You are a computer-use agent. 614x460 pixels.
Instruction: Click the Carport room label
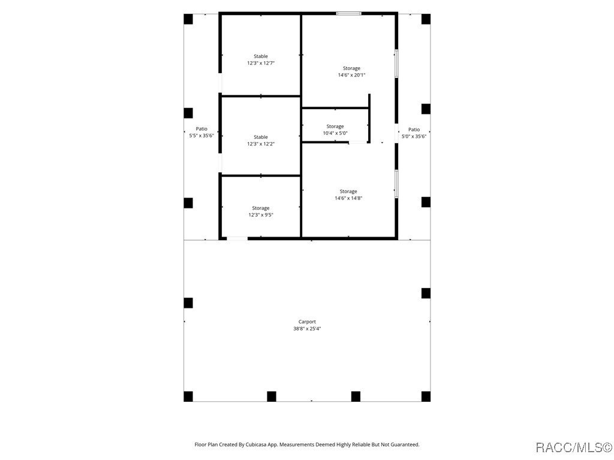(x=307, y=322)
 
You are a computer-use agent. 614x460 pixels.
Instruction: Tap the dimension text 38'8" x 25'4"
(x=307, y=328)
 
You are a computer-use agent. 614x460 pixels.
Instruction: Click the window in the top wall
(x=348, y=13)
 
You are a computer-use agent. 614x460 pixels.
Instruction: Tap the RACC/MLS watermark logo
(x=573, y=447)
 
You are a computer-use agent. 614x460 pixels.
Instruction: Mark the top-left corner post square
(x=188, y=19)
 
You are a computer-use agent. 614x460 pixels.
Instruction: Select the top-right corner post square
(x=426, y=19)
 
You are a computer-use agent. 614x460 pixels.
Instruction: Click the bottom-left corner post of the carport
(x=188, y=396)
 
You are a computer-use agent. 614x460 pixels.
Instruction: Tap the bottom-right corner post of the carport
(x=426, y=396)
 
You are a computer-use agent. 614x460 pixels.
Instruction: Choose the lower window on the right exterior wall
(x=396, y=184)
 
